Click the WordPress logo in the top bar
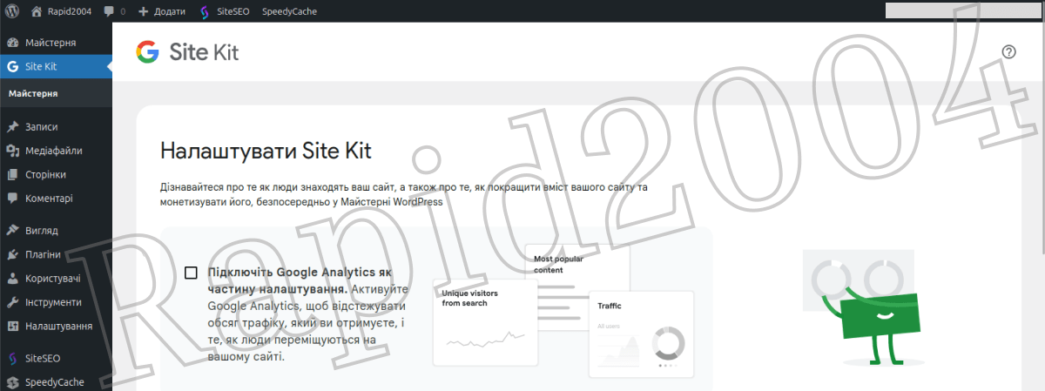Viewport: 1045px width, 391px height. pos(12,11)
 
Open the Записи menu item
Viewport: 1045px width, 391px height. pos(41,127)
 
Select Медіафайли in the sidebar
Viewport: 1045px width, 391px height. pos(54,151)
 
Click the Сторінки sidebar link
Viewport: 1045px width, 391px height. pos(45,174)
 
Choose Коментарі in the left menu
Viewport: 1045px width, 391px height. pos(49,199)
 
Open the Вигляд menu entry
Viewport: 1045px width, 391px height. pos(42,231)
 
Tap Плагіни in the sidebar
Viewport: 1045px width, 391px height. pos(43,254)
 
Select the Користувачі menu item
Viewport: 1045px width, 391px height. pos(53,279)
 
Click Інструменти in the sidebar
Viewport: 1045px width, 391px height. pos(53,302)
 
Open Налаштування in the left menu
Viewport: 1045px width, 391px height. pos(59,327)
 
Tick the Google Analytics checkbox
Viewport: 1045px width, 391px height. pos(191,273)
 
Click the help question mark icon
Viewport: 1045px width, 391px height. pos(1008,51)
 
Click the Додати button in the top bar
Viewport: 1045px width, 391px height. pos(162,11)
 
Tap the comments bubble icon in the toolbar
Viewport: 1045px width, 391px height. pos(109,11)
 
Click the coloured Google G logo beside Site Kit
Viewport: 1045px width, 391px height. pos(147,51)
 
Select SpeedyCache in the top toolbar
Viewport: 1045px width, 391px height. pos(289,11)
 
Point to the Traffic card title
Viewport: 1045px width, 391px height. pos(610,306)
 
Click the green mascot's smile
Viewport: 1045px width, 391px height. pos(885,316)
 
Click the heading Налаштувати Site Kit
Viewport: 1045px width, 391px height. pos(266,152)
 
